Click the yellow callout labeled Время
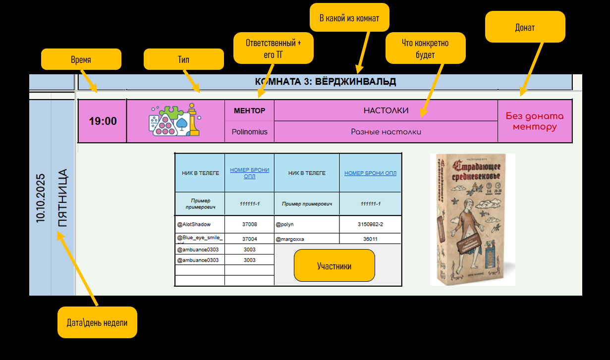click(x=81, y=59)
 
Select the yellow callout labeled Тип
click(x=183, y=59)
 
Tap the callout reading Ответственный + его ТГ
click(x=273, y=49)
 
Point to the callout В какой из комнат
click(x=349, y=18)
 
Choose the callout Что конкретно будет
click(x=425, y=48)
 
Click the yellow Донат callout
click(x=525, y=27)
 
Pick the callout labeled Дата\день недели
click(x=97, y=322)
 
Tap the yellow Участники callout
click(x=334, y=265)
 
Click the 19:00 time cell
click(x=103, y=121)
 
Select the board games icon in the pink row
click(x=174, y=120)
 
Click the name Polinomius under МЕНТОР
click(x=249, y=132)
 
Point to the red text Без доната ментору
click(x=535, y=121)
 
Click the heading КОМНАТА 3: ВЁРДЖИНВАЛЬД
click(x=325, y=82)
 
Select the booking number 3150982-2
click(x=370, y=224)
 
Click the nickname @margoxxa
click(x=290, y=239)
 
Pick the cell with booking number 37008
click(x=249, y=224)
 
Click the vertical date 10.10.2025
click(x=41, y=197)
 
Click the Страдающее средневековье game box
click(x=472, y=219)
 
